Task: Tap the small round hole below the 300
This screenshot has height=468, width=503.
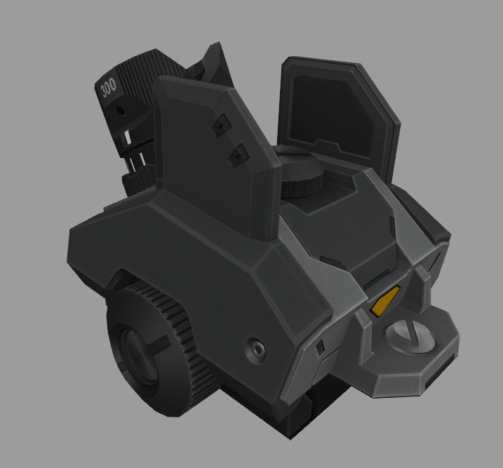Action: coord(120,110)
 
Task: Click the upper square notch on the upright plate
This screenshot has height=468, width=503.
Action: coord(220,124)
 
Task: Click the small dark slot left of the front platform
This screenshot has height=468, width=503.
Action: coord(320,346)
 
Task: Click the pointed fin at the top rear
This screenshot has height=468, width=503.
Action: coord(214,56)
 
